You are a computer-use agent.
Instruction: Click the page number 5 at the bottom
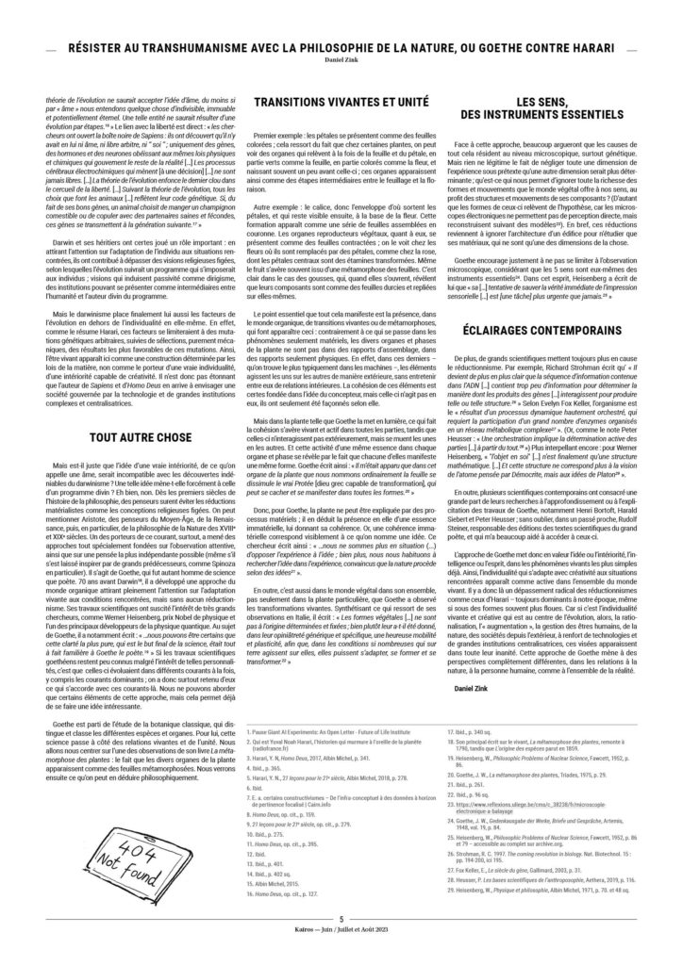(x=341, y=942)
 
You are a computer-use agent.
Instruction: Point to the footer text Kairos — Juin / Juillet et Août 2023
(x=341, y=954)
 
